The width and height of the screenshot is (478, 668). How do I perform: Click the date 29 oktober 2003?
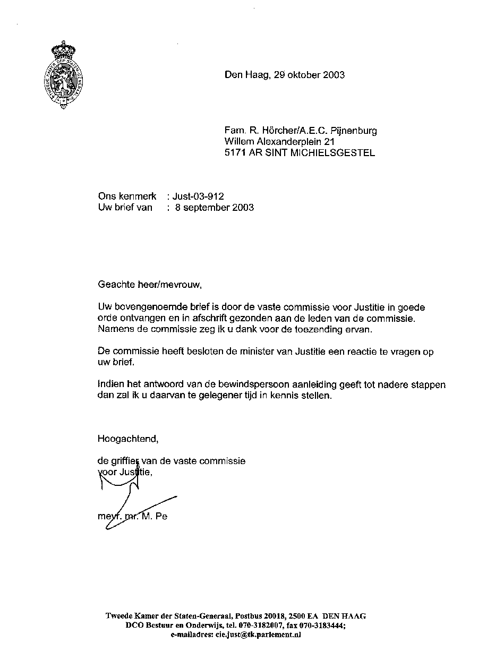click(310, 75)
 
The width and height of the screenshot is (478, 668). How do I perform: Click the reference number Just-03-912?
click(199, 196)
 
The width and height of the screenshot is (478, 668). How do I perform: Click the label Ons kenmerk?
click(127, 196)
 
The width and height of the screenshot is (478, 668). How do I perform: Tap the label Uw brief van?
click(125, 208)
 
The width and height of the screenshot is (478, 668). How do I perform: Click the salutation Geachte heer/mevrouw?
click(150, 285)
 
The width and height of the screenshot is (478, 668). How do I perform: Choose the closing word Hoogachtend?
click(128, 439)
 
